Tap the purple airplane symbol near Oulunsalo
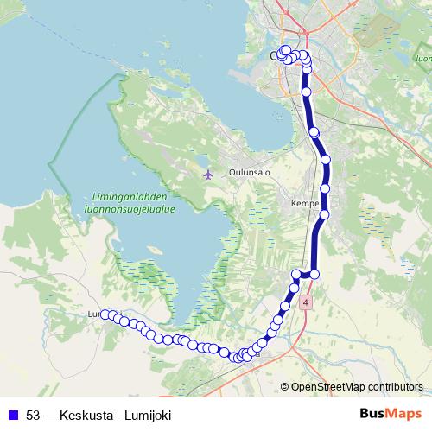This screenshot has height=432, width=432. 207,174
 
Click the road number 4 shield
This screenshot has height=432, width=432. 306,303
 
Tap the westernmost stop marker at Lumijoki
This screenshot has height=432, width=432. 105,314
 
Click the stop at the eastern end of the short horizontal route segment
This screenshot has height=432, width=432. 314,274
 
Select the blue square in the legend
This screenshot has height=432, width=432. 12,416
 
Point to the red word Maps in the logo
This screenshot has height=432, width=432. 406,414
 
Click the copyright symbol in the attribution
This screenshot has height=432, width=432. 285,387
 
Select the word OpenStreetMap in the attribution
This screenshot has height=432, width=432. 329,387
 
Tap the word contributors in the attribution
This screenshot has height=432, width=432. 396,387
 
